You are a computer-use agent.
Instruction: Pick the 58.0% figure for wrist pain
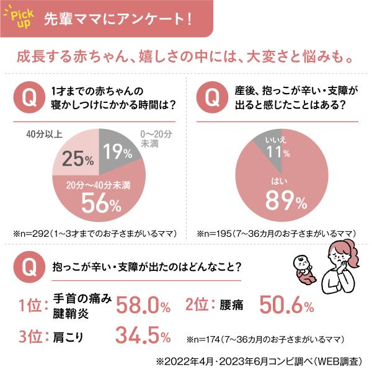coord(143,306)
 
